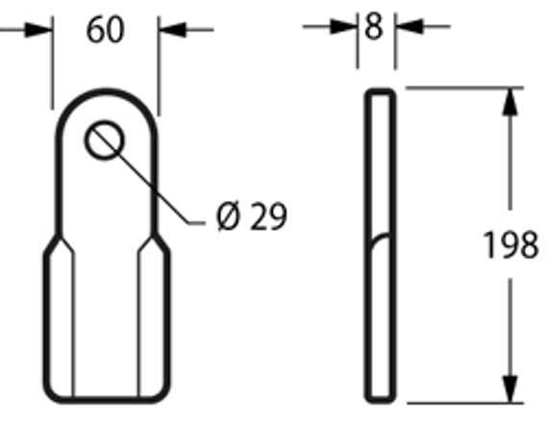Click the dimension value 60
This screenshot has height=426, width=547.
pos(105,30)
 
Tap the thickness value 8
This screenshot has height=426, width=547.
pos(375,26)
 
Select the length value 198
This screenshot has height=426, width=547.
pos(509,245)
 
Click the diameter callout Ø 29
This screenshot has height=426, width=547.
pos(252,217)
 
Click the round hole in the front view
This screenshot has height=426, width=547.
pos(105,141)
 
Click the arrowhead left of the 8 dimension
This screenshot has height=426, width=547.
pos(346,27)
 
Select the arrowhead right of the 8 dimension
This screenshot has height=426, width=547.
pos(405,27)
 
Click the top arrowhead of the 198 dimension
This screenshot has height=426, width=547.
pos(510,100)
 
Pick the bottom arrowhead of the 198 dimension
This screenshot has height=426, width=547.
pos(510,389)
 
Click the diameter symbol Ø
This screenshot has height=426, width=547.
pos(228,217)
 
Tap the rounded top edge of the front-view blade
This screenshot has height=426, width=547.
pos(105,91)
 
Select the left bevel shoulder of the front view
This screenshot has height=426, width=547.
pos(58,244)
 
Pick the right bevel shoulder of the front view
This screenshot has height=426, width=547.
pos(154,244)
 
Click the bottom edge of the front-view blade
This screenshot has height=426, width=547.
pos(105,400)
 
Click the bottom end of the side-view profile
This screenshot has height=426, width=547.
pos(379,400)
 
